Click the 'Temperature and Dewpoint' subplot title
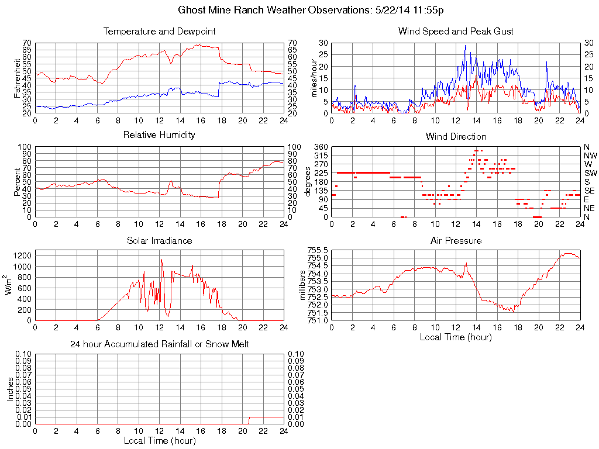click(x=159, y=31)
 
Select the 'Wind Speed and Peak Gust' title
click(x=456, y=31)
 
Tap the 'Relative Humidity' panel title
click(x=159, y=135)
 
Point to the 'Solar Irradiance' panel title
click(x=159, y=240)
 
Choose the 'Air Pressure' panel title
click(x=456, y=240)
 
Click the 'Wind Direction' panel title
click(x=456, y=136)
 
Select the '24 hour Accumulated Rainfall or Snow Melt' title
click(x=159, y=344)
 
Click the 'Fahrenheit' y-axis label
click(x=17, y=78)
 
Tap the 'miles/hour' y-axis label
click(x=314, y=78)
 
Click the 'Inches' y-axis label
click(x=10, y=389)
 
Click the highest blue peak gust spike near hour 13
click(x=466, y=46)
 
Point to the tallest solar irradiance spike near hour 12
click(x=161, y=260)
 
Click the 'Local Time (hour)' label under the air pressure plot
click(x=456, y=337)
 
